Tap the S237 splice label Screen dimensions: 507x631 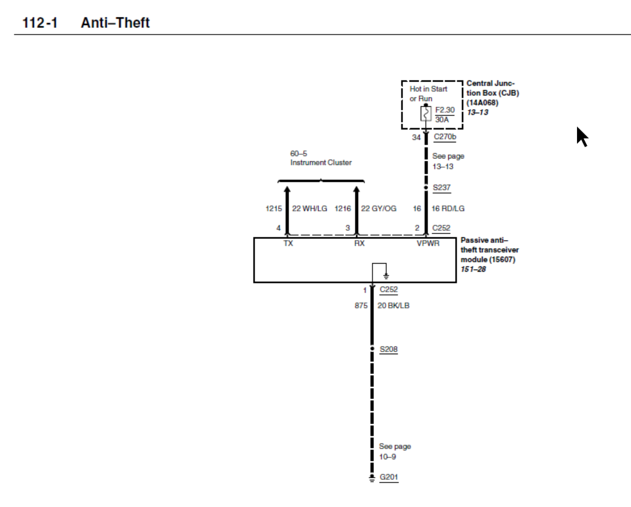click(x=442, y=188)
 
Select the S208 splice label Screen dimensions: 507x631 click(x=389, y=349)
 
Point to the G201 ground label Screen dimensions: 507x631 click(x=389, y=477)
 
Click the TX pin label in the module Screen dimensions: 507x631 click(x=288, y=243)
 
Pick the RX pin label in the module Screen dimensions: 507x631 click(x=359, y=243)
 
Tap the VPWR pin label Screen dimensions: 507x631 click(x=428, y=243)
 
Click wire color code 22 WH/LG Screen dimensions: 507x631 click(x=309, y=209)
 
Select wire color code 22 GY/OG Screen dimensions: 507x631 click(x=379, y=209)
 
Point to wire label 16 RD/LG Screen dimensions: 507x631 click(x=448, y=209)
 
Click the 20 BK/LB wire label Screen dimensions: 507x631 click(x=393, y=306)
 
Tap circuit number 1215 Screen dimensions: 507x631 click(x=273, y=209)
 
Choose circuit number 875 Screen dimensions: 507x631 click(x=361, y=306)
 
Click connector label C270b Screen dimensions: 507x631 click(x=445, y=137)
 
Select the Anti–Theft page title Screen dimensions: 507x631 click(x=115, y=23)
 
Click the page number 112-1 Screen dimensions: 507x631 click(x=40, y=23)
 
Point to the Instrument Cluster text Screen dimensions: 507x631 click(x=321, y=163)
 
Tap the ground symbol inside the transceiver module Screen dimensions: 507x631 click(x=386, y=276)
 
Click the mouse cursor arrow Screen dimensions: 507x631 click(x=582, y=136)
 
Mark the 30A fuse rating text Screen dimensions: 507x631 click(x=442, y=120)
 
